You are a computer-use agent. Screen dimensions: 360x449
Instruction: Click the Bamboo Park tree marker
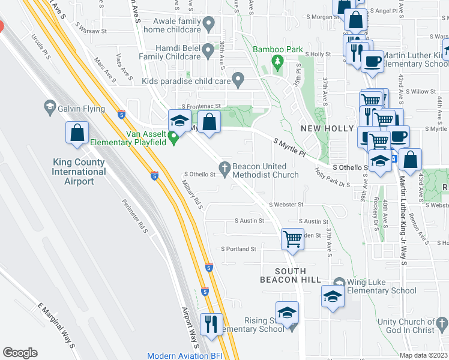pos(277,61)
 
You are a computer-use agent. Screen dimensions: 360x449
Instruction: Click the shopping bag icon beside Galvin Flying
pos(77,133)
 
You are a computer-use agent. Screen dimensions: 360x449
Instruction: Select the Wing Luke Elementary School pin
pos(339,283)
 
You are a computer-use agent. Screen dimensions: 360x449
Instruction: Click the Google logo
pos(20,353)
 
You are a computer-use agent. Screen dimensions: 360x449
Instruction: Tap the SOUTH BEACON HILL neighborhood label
pos(283,275)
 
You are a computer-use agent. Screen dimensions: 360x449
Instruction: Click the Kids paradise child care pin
pos(238,78)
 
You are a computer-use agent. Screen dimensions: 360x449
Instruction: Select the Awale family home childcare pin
pos(209,25)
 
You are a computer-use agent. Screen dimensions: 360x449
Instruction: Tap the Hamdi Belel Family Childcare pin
pos(208,51)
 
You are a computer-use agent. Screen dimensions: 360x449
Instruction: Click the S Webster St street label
pos(286,205)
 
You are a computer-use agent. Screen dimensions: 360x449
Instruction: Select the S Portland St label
pos(239,248)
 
